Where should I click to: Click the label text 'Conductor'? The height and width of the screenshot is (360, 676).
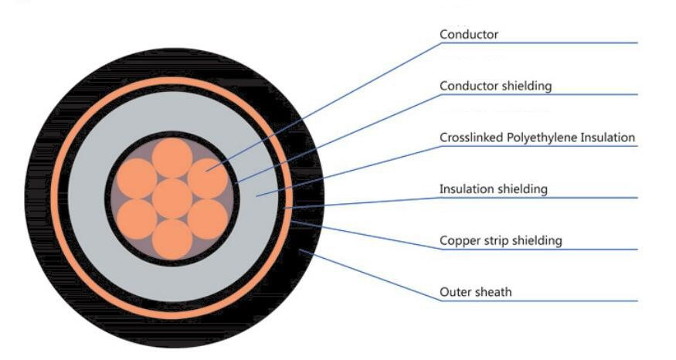468,35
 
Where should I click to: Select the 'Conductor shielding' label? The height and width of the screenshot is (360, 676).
495,86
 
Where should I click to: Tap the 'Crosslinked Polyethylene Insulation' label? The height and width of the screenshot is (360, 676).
537,138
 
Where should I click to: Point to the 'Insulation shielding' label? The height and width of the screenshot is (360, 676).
493,189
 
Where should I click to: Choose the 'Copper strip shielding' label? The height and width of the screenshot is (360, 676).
501,241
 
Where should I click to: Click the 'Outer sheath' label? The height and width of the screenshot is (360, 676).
476,292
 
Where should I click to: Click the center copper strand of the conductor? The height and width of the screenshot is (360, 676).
172,199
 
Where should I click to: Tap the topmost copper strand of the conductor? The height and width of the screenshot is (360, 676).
172,158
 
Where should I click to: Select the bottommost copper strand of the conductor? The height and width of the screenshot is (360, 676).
172,239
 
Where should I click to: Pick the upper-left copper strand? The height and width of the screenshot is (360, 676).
138,178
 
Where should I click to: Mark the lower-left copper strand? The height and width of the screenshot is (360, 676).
138,219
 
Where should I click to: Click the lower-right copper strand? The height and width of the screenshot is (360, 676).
207,219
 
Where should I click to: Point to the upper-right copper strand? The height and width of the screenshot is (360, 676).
207,178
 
